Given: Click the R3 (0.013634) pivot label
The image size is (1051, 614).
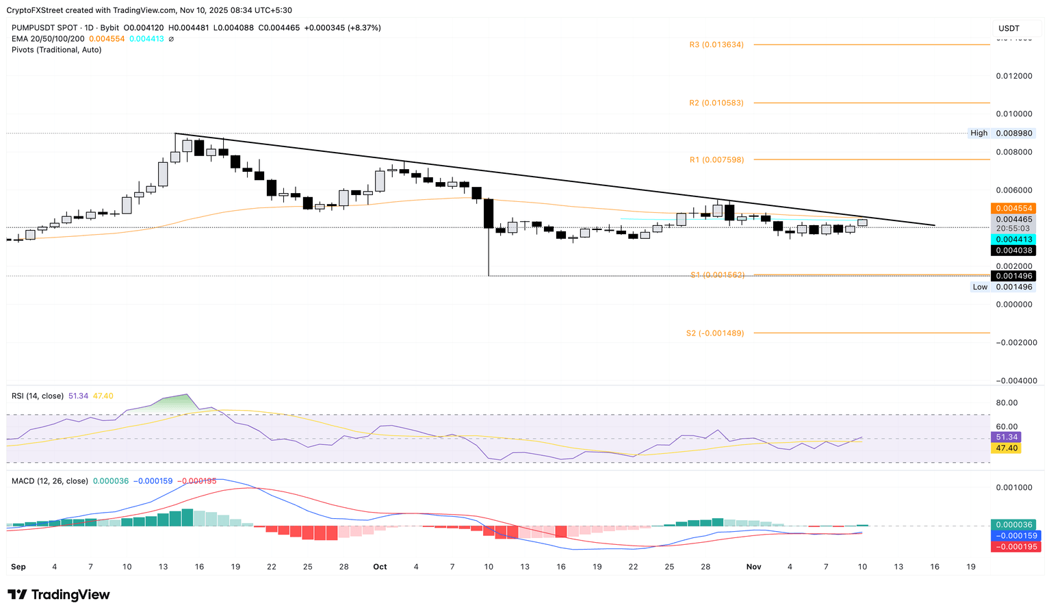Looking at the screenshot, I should click(x=716, y=44).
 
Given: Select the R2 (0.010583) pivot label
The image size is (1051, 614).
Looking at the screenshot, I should click(x=716, y=103).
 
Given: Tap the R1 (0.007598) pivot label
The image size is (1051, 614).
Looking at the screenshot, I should click(x=716, y=159).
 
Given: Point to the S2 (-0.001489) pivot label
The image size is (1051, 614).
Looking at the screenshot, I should click(x=715, y=333).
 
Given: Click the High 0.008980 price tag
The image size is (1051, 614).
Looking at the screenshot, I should click(x=1002, y=133).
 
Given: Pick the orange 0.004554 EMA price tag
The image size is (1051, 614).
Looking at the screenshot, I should click(x=1013, y=208).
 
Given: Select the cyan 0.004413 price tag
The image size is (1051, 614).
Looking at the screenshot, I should click(x=1013, y=239).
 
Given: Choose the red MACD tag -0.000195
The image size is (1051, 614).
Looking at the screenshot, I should click(x=1017, y=546).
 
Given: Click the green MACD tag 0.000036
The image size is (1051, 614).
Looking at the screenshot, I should click(x=1017, y=524).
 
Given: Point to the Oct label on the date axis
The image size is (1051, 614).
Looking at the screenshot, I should click(x=380, y=567).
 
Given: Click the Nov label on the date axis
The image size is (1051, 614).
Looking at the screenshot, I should click(x=753, y=567).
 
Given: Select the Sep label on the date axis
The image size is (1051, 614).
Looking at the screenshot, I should click(x=18, y=567).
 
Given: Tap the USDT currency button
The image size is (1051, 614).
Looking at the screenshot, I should click(x=1009, y=28).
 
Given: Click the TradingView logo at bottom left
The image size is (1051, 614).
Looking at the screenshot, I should click(x=59, y=595).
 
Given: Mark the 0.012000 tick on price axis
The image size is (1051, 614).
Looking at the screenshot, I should click(x=1014, y=75).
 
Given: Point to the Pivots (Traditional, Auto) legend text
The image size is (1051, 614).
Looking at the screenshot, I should click(x=56, y=50).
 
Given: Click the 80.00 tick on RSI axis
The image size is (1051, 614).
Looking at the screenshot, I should click(x=1008, y=402).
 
